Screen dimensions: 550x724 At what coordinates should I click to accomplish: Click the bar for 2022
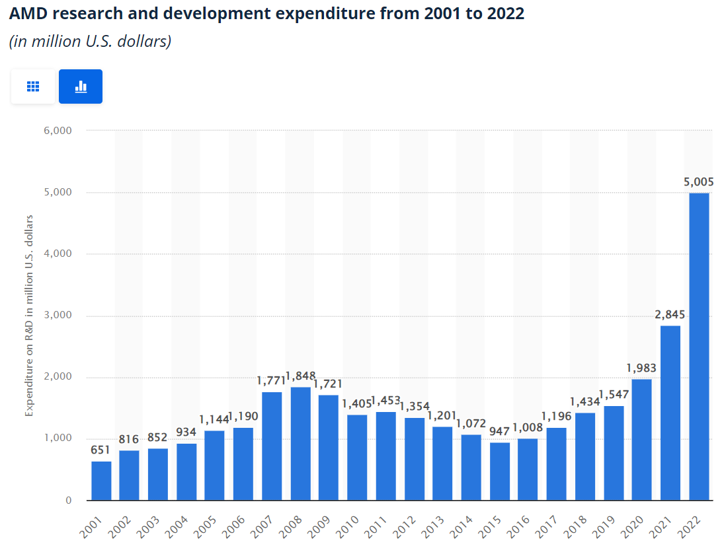coord(699,347)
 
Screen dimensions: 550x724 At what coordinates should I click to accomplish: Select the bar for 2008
coord(300,444)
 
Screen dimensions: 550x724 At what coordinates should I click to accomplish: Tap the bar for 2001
coord(101,481)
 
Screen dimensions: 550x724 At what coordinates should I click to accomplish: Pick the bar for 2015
coord(500,471)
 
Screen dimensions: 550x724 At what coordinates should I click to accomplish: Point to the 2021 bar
coord(670,413)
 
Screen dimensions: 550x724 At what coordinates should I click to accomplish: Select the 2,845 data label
coord(670,314)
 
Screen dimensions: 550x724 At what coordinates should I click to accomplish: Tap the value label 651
coord(101,450)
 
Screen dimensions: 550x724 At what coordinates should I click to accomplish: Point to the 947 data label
coord(500,431)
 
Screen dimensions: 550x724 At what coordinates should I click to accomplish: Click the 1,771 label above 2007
coord(270,380)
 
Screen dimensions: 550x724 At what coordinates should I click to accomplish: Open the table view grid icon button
coord(33,86)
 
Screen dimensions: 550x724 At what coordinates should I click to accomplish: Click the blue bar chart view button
coord(81,86)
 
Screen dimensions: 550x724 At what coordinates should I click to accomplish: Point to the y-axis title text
coord(29,315)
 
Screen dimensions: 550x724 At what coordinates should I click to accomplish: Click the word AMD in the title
coord(28,13)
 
